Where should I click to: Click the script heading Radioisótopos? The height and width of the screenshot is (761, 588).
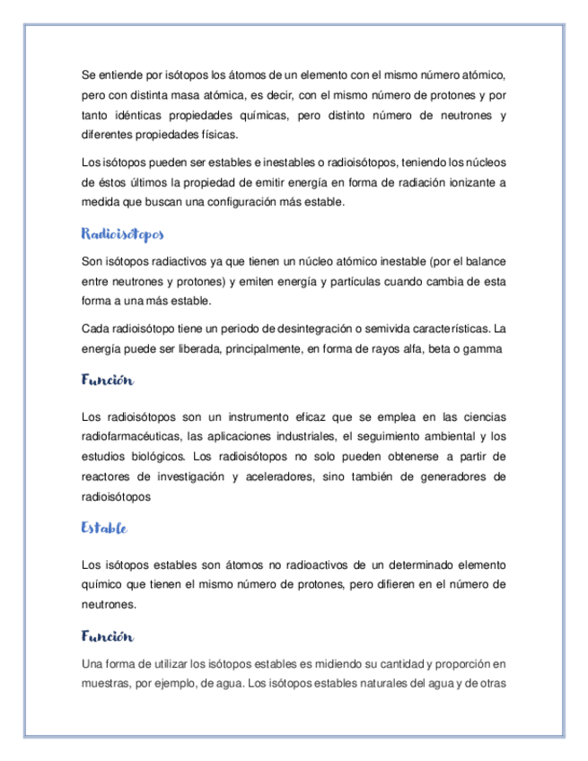coord(122,235)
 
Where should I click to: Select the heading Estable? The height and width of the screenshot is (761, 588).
coord(103,529)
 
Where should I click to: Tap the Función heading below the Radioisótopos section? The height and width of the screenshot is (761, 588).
coord(107,380)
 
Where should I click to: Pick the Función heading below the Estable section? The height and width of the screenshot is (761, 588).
coord(107,636)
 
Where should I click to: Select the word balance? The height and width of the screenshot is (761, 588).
coord(486,261)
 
